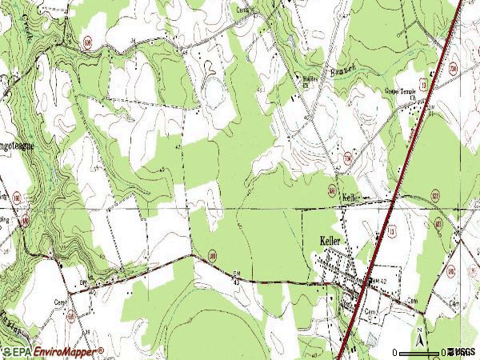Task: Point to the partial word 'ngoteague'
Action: point(18,147)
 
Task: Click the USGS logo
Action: point(462,352)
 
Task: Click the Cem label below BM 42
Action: point(370,310)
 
